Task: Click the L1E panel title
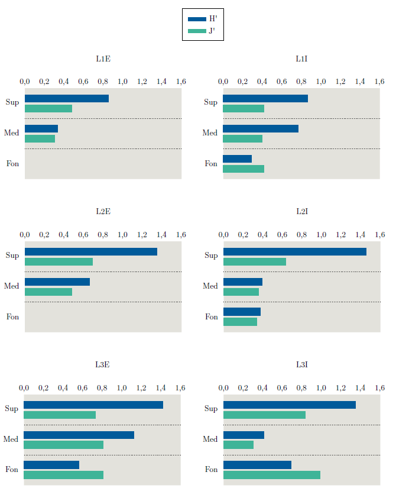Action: point(103,59)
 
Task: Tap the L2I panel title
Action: point(301,211)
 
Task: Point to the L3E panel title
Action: point(102,364)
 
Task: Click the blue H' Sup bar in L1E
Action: point(67,98)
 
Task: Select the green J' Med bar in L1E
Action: point(40,138)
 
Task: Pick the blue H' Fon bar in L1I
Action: point(237,159)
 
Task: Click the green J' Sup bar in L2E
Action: point(59,261)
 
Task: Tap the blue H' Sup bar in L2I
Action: point(294,251)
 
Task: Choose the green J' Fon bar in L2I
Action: point(240,322)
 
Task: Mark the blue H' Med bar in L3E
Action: point(79,435)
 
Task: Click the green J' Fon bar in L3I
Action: point(271,474)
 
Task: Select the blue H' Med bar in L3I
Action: point(244,435)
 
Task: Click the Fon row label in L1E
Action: point(12,163)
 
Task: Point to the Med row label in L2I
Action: point(210,286)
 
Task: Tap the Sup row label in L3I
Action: point(210,409)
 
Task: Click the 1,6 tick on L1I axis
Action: point(379,81)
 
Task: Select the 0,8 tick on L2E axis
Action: point(103,234)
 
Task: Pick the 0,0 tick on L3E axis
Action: point(24,387)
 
